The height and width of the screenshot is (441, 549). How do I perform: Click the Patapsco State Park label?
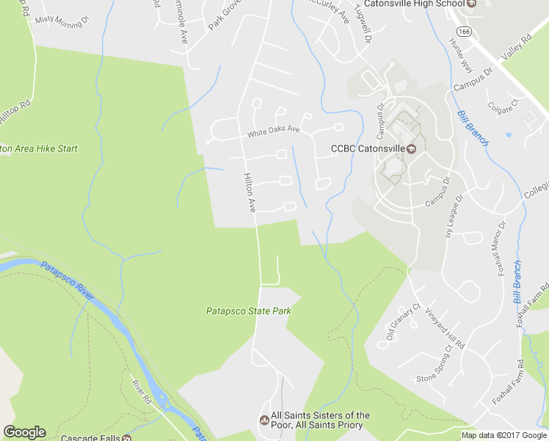tap(248, 311)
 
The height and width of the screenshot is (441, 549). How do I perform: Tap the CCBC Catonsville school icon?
tap(412, 149)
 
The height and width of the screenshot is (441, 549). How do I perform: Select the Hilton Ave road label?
tap(250, 193)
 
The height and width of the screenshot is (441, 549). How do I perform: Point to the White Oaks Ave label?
tap(274, 132)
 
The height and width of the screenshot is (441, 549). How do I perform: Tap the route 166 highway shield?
tap(464, 32)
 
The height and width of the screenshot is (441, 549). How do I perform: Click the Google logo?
tap(24, 432)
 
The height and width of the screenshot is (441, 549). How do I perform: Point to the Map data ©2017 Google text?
tap(503, 435)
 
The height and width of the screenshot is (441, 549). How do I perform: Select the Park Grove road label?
tap(225, 15)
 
